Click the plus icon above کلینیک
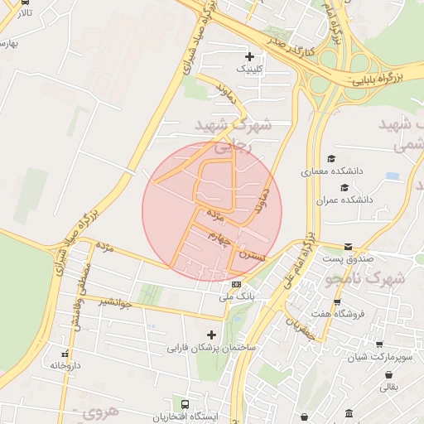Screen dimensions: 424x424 point(249,56)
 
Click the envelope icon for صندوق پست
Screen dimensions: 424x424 point(348,247)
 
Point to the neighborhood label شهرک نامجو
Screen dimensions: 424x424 point(365,279)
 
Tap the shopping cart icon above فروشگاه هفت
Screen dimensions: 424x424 point(337,301)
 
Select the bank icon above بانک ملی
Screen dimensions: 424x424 point(236,284)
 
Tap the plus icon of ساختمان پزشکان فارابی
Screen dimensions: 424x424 point(211,335)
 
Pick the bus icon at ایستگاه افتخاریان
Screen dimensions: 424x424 point(185,405)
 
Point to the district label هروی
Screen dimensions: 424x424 point(101,411)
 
